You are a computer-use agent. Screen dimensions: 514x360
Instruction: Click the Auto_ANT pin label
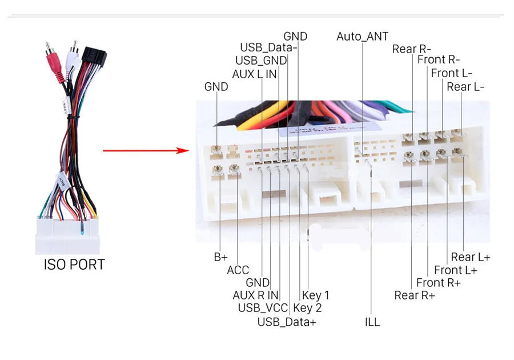[362, 37]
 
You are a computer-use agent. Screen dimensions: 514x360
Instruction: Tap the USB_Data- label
[268, 47]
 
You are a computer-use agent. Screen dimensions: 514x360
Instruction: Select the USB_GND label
[261, 61]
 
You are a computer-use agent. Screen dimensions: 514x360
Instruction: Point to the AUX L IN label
[254, 74]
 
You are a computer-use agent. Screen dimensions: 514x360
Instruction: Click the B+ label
[220, 257]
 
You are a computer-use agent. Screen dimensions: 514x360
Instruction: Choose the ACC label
[238, 270]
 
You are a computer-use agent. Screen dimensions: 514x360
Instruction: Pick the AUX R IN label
[255, 295]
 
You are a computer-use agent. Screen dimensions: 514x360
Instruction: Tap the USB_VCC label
[263, 308]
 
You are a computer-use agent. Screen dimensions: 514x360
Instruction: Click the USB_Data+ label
[287, 322]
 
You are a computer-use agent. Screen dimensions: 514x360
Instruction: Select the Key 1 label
[315, 295]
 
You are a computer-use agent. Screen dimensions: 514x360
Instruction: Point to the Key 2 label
[307, 308]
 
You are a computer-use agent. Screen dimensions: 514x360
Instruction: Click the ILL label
[372, 322]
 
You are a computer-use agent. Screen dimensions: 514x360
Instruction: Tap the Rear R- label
[412, 49]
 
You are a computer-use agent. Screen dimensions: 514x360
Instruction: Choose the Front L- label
[452, 73]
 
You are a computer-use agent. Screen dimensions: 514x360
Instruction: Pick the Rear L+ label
[471, 257]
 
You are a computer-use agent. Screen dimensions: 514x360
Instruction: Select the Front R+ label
[439, 283]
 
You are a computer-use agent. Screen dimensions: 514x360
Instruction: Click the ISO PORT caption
[74, 265]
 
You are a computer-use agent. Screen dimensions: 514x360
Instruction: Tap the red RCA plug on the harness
[54, 64]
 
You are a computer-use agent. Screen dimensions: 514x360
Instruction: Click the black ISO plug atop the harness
[94, 57]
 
